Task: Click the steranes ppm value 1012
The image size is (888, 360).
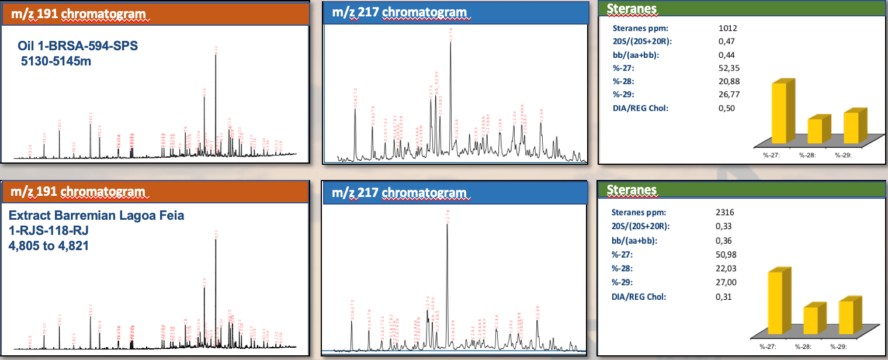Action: pos(727,27)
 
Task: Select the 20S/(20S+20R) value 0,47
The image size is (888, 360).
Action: pos(726,41)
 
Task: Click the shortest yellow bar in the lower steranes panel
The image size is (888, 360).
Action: pos(811,324)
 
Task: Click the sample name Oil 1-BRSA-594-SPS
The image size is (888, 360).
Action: pos(78,46)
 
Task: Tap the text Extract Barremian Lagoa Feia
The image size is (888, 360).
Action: pos(96,216)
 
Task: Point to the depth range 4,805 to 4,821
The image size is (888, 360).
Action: pos(48,246)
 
